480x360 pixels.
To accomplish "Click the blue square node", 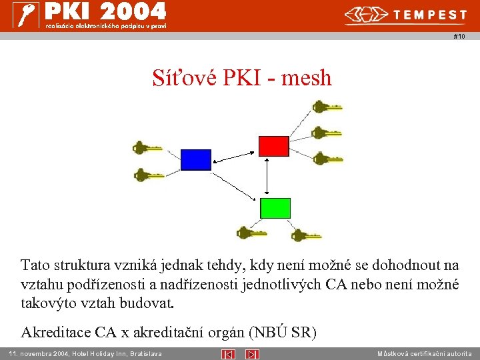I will pos(196,159).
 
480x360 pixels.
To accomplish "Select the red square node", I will pos(273,145).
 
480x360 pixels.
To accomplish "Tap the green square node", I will pos(275,208).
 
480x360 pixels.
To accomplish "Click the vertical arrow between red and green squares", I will pos(267,177).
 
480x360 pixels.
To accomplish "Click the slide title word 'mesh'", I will pos(307,78).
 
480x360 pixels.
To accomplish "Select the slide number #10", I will pos(459,37).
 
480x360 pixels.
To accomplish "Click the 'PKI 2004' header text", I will pos(105,11).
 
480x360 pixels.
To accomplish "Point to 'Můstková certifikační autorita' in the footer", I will pos(424,353).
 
